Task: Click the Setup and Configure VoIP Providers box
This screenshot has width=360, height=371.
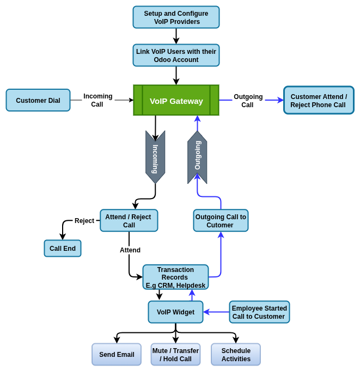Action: [176, 17]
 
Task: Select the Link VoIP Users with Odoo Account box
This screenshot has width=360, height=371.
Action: [176, 55]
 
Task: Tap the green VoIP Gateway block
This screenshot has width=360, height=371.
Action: [176, 101]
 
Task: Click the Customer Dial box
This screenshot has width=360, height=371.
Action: [38, 101]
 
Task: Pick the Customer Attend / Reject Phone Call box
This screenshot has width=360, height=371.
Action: [319, 101]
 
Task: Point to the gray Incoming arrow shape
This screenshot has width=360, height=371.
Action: [155, 157]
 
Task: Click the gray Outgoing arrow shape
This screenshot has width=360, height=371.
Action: [197, 157]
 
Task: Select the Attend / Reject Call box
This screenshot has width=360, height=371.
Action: [129, 221]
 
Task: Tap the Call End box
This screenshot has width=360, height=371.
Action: [63, 249]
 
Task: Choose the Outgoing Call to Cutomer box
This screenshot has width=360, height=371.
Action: [221, 221]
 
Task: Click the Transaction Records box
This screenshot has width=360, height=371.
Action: [175, 277]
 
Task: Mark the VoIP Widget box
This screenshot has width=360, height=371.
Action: [175, 312]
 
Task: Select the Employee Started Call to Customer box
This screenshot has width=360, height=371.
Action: [259, 312]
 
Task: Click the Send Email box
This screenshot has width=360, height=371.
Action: [117, 355]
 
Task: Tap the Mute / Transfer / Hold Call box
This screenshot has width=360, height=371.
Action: [175, 355]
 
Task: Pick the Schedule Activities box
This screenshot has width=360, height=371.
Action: [236, 355]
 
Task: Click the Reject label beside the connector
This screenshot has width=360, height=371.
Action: [84, 221]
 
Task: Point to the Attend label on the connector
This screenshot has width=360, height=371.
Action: [130, 250]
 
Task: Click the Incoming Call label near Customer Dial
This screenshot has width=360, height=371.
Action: [97, 101]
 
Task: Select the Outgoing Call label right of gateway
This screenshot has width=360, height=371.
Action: [248, 101]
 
